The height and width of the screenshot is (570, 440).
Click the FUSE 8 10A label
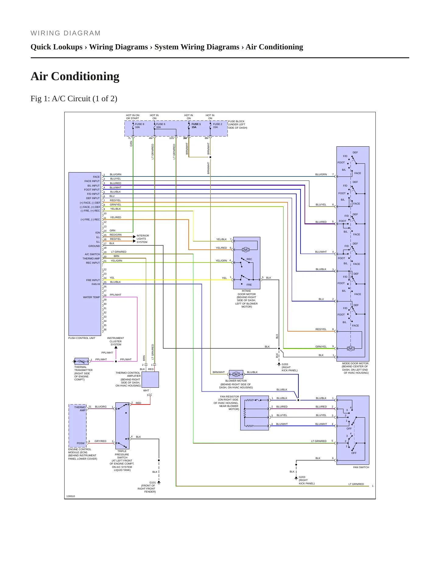pos(139,126)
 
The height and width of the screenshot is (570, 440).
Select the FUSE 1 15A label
pos(196,126)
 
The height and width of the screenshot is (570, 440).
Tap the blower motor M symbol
pos(236,374)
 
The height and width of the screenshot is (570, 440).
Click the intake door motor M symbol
pos(246,250)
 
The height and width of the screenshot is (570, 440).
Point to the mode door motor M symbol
pos(350,348)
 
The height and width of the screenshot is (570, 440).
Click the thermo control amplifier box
pos(150,379)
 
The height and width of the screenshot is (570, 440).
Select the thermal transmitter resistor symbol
pos(82,361)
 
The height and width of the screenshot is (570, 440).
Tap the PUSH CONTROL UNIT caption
pos(82,338)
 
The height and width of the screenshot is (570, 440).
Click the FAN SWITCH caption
pos(361,467)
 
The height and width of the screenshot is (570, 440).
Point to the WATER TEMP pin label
pos(91,297)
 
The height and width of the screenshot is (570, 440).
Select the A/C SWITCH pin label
pos(92,254)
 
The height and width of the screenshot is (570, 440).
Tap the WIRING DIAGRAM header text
pos(65,33)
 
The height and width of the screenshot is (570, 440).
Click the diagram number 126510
pos(71,496)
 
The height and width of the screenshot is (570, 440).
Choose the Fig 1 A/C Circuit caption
pos(74,99)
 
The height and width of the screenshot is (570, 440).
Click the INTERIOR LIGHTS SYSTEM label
pos(143,239)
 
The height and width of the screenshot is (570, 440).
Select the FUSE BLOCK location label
pos(238,124)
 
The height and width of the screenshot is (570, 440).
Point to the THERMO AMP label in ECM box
pos(80,409)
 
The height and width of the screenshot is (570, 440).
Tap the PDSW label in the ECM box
pos(80,443)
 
